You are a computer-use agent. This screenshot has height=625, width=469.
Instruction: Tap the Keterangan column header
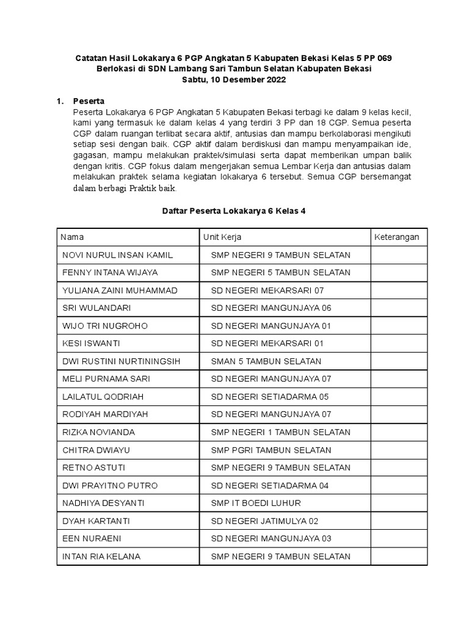coord(396,237)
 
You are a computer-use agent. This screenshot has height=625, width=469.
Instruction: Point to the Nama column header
coord(73,237)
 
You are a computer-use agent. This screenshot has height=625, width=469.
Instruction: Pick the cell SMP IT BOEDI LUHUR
coord(255,504)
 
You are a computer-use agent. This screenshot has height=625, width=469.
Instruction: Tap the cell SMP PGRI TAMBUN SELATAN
coord(271,450)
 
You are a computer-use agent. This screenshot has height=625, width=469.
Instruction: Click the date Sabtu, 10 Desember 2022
coord(234,80)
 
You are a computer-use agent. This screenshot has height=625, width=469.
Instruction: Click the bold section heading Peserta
coord(89,101)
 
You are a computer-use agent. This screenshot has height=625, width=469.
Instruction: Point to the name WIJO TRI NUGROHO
coord(104,326)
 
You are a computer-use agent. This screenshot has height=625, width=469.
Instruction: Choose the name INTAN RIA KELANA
coord(101,557)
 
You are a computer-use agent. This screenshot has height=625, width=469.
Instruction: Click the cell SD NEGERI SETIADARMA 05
coord(269,397)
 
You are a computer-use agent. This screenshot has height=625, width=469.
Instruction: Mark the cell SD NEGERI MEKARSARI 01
coord(267,344)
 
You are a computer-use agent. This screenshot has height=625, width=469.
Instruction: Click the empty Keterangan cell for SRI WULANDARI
coord(399,308)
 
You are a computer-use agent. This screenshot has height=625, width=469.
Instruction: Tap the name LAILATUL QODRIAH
coord(103,397)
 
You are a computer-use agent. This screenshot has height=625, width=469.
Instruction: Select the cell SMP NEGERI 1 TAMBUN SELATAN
coord(280,432)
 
